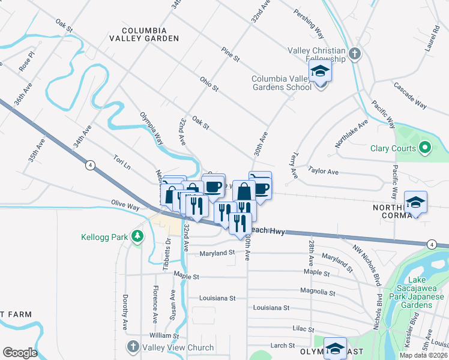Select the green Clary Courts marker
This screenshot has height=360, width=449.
(x=425, y=147)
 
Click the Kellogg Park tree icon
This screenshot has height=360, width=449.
(x=138, y=236)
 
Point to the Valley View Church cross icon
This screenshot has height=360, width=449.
(x=132, y=347)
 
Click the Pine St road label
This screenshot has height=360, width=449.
(x=230, y=55)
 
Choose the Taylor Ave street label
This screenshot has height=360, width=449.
(x=323, y=172)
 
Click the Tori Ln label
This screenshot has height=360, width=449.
(x=122, y=161)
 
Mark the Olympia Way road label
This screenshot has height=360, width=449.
(x=151, y=128)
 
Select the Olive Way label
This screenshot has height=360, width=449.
(x=124, y=206)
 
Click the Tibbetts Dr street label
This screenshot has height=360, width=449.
(x=168, y=253)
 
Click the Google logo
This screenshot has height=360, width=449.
(x=19, y=352)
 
